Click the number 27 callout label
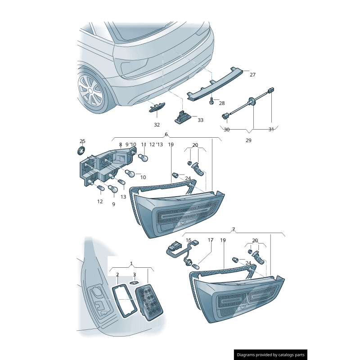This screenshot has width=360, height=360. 252,75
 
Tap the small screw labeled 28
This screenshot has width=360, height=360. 211,103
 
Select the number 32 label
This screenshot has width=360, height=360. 157,125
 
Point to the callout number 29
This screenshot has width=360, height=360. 248,140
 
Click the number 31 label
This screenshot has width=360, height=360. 271,130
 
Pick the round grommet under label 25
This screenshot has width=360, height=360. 82,150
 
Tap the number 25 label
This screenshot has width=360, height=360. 82,141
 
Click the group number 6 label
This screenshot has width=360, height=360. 166,134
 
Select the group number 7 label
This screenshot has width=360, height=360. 234,229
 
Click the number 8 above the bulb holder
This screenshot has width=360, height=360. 121,144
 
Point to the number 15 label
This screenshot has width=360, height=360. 189,240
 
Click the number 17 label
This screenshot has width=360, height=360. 210,240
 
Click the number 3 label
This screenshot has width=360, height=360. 134,274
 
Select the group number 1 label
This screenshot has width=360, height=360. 131,263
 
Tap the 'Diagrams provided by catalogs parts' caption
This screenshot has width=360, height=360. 270,355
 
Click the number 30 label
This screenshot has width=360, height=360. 226,130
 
